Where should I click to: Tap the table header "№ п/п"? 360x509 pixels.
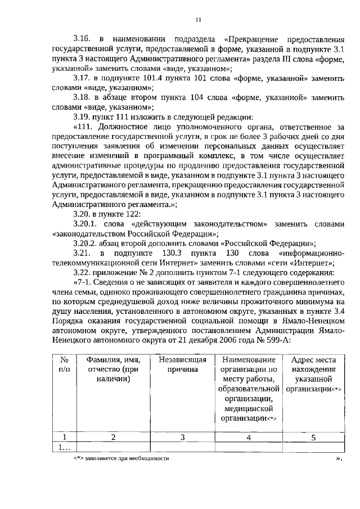64,364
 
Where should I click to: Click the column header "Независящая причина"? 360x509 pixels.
182,364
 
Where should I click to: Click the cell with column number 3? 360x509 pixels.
182,436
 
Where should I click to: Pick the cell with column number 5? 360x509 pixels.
313,436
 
